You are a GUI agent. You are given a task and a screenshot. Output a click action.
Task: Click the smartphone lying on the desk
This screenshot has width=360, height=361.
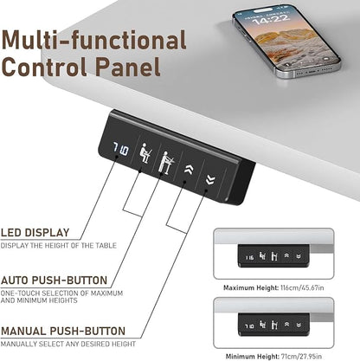tap(286, 41)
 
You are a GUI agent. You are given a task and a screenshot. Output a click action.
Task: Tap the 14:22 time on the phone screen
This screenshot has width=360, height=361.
tap(270, 19)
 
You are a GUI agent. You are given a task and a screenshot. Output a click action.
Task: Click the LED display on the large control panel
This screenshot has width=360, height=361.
tap(120, 149)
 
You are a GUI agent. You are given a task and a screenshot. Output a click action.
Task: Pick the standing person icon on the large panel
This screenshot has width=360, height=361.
tap(166, 162)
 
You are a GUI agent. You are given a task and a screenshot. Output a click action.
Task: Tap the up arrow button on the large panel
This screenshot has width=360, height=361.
tap(190, 170)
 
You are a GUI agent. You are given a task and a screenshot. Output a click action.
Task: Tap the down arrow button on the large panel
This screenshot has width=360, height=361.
tap(211, 180)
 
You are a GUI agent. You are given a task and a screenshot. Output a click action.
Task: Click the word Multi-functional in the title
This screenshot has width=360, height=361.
tap(94, 41)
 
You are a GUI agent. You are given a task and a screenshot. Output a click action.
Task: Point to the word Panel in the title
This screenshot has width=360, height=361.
tap(128, 67)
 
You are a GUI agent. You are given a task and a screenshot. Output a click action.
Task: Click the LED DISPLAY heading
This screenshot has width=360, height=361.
tap(35, 233)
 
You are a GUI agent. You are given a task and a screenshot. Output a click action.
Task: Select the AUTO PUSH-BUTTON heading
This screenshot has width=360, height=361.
tap(55, 280)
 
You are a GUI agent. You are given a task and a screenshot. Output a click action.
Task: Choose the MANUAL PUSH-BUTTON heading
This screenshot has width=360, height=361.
tap(63, 331)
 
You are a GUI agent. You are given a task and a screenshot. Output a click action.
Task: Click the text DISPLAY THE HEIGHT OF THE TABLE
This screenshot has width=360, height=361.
tap(59, 246)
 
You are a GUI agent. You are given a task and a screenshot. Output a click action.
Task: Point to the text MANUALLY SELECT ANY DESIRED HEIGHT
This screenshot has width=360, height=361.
tap(68, 344)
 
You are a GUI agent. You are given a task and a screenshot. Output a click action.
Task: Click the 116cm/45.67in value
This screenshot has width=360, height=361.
tap(302, 287)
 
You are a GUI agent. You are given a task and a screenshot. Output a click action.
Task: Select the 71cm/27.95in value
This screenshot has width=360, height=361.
tap(301, 357)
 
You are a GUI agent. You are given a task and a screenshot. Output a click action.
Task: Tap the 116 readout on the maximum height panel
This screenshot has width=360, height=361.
tap(249, 257)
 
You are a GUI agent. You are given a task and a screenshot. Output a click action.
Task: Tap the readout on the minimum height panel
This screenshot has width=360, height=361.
tap(249, 326)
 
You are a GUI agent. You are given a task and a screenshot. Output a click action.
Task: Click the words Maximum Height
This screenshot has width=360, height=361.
tap(251, 287)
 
